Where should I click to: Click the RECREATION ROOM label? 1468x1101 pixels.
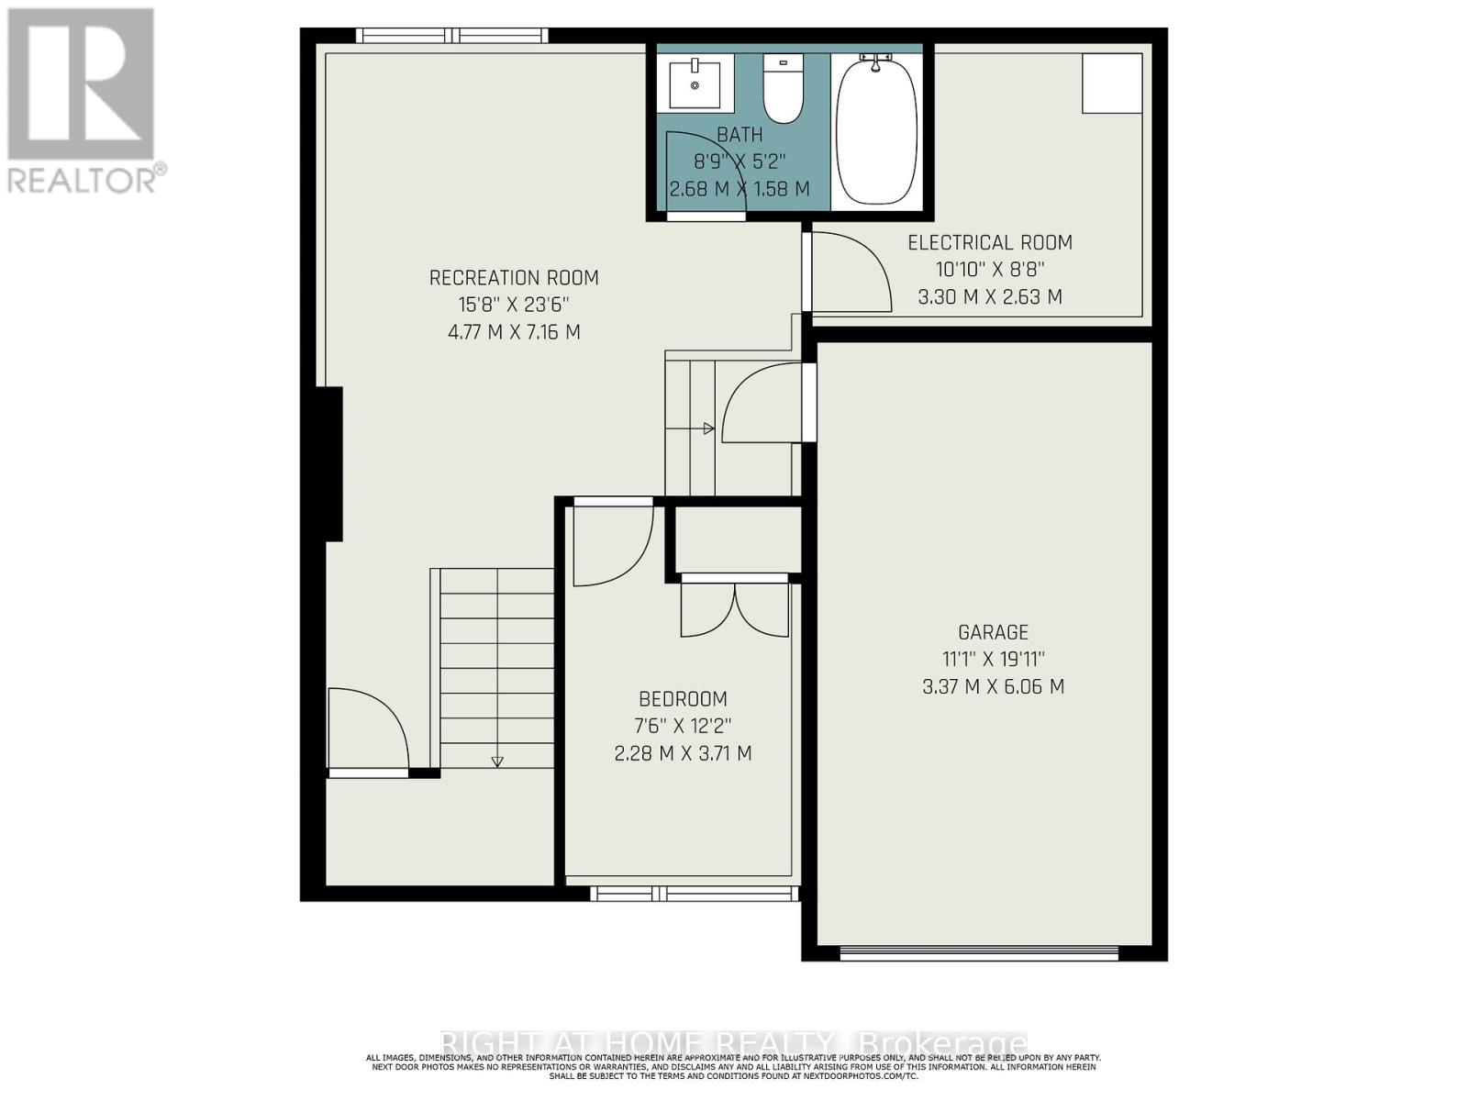[514, 277]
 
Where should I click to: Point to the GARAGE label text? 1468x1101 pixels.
[993, 632]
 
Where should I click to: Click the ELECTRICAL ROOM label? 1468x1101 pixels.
[990, 242]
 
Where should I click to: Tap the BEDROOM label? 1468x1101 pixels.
[683, 699]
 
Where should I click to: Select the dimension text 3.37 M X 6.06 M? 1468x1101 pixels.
[993, 686]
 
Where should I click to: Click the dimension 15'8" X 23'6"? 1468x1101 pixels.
[514, 305]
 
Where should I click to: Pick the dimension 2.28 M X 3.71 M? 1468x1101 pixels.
[683, 753]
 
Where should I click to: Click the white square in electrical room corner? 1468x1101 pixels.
[1112, 83]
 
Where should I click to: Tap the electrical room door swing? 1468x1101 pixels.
[849, 271]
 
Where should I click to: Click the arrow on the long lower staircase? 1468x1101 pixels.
[497, 760]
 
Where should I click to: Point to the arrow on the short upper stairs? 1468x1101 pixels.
[707, 428]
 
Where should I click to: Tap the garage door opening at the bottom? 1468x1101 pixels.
[979, 953]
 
